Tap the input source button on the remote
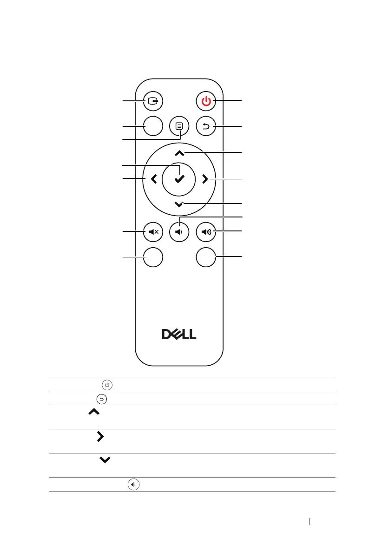click(x=153, y=100)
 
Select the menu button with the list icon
click(x=179, y=126)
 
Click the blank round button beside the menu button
click(x=153, y=126)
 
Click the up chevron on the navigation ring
click(x=179, y=153)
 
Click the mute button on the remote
click(x=153, y=231)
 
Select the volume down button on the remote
click(x=179, y=231)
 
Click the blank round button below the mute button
click(x=153, y=256)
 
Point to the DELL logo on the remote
click(x=179, y=335)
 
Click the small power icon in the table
click(x=107, y=384)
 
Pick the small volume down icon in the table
click(x=134, y=485)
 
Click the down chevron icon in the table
click(x=105, y=460)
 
